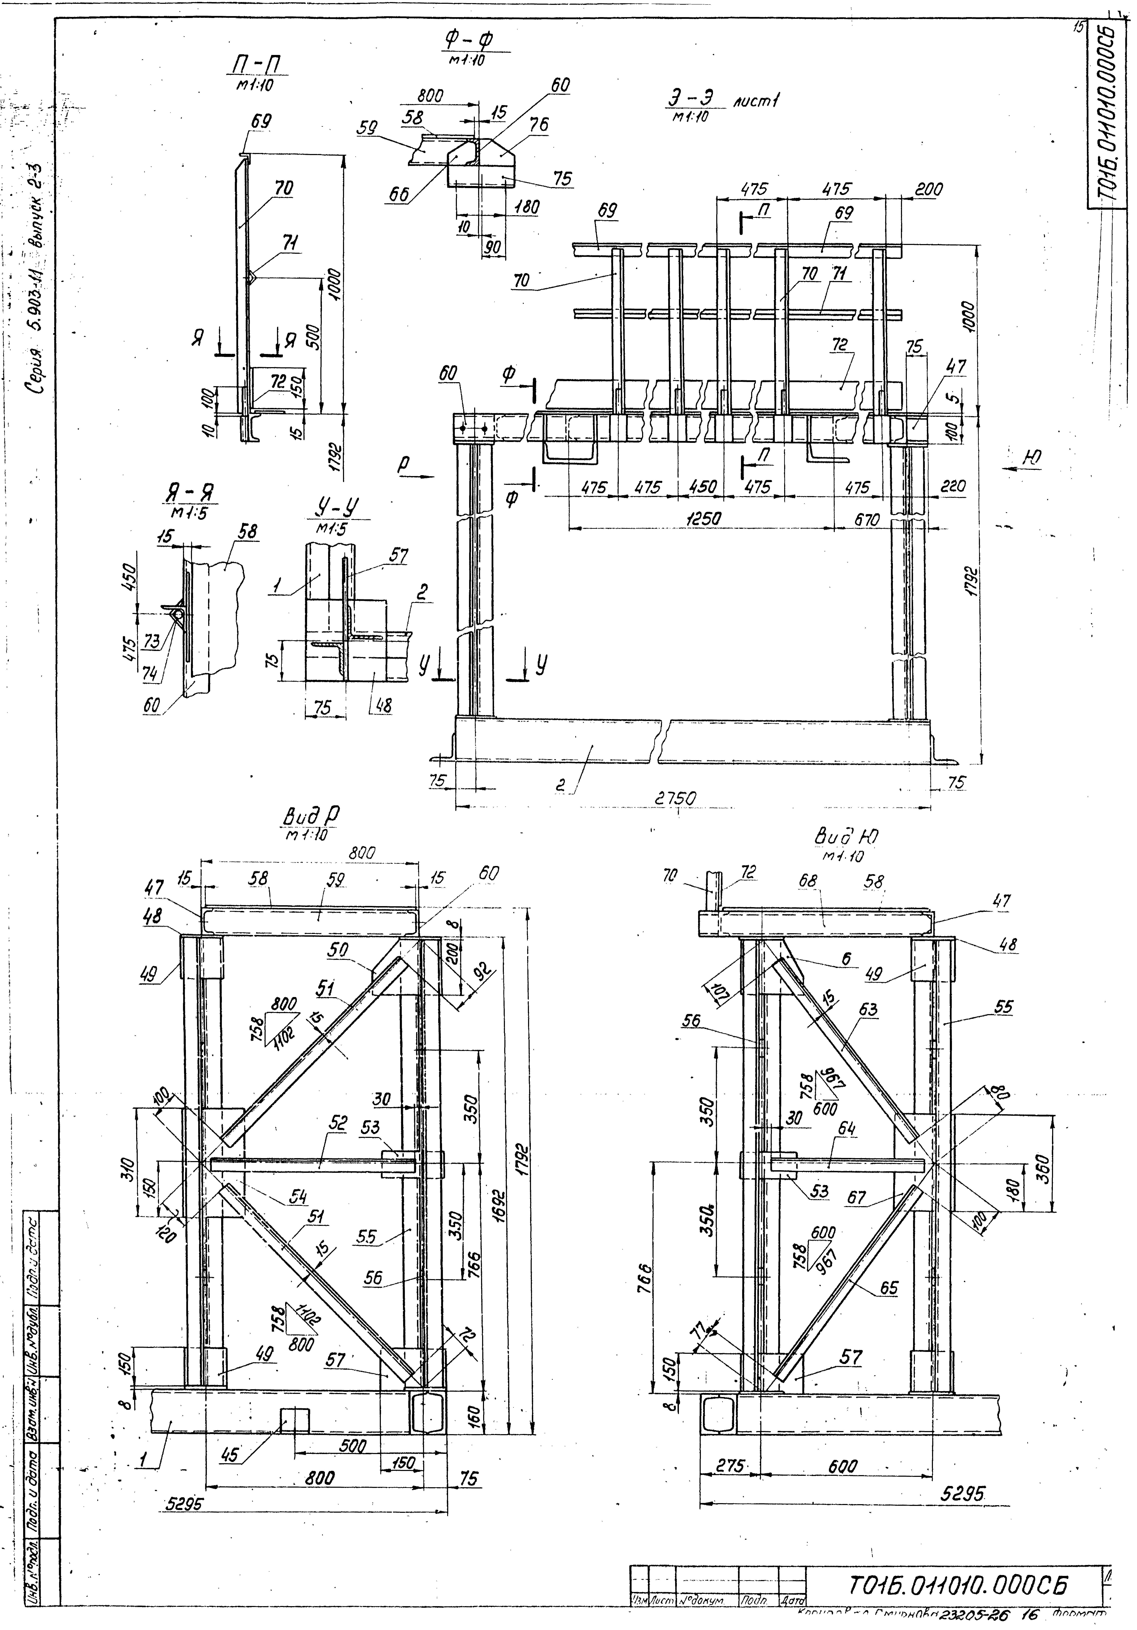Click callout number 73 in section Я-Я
tap(151, 641)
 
